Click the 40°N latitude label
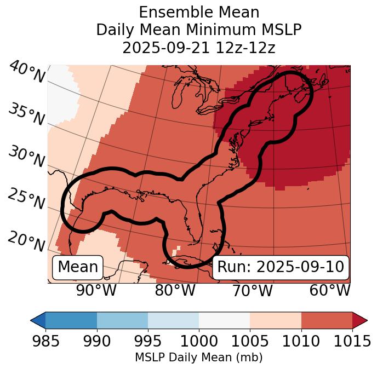pyautogui.click(x=26, y=73)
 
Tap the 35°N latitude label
pyautogui.click(x=26, y=114)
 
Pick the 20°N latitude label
pyautogui.click(x=26, y=241)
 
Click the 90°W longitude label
pyautogui.click(x=96, y=290)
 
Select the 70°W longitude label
pyautogui.click(x=253, y=290)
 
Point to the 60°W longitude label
pyautogui.click(x=329, y=290)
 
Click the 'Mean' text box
pyautogui.click(x=78, y=267)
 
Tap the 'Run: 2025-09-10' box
pyautogui.click(x=281, y=267)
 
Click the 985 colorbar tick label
pyautogui.click(x=45, y=341)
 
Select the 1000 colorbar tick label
pyautogui.click(x=199, y=341)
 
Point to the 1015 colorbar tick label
pyautogui.click(x=352, y=341)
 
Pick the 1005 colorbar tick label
pyautogui.click(x=250, y=341)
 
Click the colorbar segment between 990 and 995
pyautogui.click(x=122, y=320)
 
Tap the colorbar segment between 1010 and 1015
pyautogui.click(x=327, y=320)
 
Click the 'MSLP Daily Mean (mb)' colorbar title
pyautogui.click(x=198, y=358)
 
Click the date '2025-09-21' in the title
pyautogui.click(x=165, y=48)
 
